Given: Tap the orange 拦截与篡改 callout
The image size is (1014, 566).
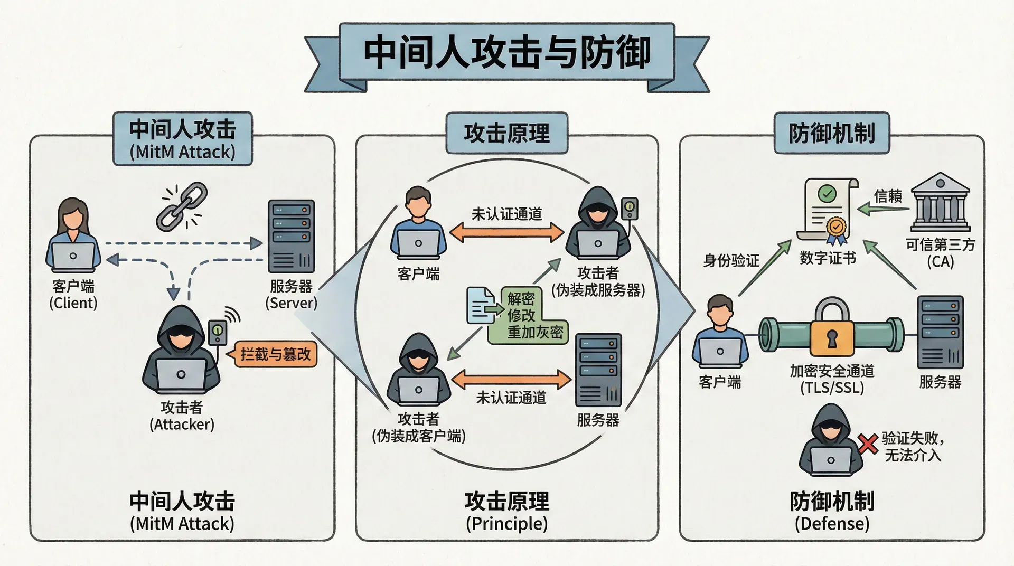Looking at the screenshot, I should coord(275,354).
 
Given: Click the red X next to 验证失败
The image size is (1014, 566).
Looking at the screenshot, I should coord(867,444).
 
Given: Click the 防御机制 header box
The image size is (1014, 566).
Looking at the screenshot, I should coord(832,133).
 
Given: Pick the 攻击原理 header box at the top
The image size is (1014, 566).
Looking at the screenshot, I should coord(506,133).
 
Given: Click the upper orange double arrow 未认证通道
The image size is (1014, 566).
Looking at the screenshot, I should coord(506,232).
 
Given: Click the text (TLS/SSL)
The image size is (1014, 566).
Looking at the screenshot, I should coord(832,388).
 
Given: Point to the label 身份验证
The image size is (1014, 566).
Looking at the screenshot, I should coord(731,260).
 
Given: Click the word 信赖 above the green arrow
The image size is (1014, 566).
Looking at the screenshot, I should coord(888,196).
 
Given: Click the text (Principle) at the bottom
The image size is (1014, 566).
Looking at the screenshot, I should coord(506,524).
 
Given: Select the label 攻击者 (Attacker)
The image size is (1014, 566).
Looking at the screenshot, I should coord(182,416).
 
